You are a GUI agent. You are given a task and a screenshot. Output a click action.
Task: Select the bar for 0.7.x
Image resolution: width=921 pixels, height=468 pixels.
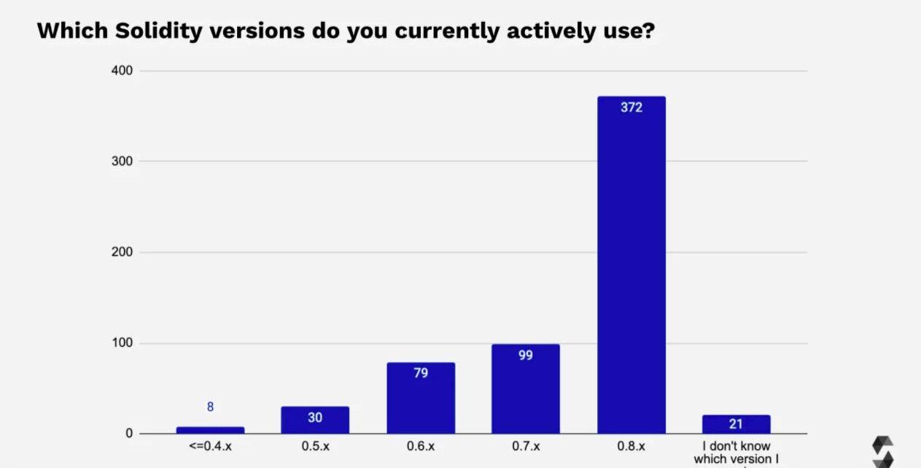click(525, 394)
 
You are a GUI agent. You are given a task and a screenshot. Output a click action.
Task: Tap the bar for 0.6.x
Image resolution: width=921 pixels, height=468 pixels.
click(421, 402)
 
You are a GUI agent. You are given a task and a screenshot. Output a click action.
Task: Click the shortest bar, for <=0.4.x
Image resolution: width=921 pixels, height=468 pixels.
click(210, 430)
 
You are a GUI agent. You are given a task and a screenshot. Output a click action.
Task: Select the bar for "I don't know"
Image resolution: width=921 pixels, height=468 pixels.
click(736, 424)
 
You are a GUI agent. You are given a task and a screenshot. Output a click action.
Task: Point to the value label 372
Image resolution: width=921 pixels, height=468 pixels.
click(631, 107)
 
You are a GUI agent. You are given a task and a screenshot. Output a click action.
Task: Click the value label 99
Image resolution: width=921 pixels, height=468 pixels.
click(525, 356)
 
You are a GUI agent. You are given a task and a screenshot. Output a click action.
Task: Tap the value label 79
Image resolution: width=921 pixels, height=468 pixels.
click(421, 373)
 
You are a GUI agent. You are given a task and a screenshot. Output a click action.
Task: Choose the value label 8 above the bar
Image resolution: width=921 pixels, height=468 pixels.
click(210, 407)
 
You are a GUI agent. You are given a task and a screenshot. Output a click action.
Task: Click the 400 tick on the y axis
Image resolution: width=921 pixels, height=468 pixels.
click(122, 71)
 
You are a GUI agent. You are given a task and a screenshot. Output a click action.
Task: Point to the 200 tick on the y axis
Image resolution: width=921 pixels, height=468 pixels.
click(122, 252)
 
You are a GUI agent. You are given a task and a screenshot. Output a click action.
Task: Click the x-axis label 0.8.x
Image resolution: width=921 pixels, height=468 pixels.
click(631, 446)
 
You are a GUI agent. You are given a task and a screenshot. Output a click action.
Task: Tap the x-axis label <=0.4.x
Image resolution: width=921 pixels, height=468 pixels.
click(210, 446)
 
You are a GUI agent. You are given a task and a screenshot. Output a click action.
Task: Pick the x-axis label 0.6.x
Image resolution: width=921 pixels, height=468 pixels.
click(421, 446)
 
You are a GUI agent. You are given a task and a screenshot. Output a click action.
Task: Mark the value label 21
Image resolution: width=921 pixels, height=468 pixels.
click(736, 424)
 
